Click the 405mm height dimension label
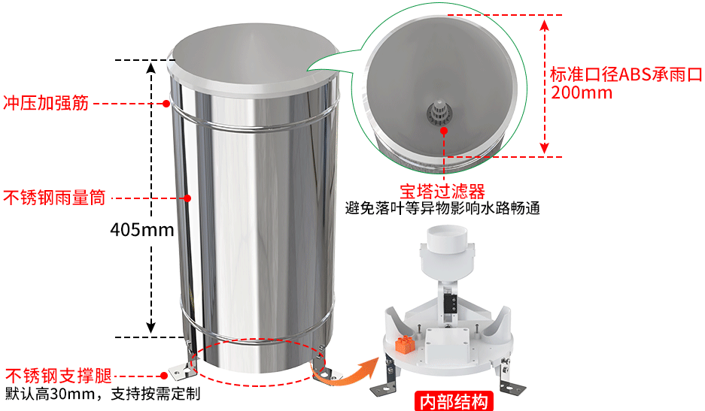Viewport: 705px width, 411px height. pos(142,229)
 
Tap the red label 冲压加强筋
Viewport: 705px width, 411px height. pos(46,103)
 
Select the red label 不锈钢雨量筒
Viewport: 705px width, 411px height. pos(54,198)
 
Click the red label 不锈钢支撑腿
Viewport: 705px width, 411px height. pos(59,376)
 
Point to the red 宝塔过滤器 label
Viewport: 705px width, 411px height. pos(442,192)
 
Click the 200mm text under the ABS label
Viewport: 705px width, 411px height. pos(582,93)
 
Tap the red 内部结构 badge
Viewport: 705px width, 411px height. pos(454,401)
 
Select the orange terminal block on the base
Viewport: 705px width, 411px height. pos(405,345)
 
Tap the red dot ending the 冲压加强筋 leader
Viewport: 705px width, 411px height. pos(166,104)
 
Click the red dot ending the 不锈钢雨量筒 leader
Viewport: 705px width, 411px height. pos(187,198)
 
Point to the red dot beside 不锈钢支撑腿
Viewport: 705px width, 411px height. pos(164,376)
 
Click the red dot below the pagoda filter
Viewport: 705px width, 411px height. pos(444,131)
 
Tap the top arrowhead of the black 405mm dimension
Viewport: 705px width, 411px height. pos(151,68)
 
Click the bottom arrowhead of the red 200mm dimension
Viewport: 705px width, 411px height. pos(545,148)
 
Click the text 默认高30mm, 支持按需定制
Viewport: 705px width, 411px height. pos(102,394)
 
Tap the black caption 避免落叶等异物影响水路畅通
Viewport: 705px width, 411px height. pos(442,208)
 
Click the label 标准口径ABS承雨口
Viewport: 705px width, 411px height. pos(626,74)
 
